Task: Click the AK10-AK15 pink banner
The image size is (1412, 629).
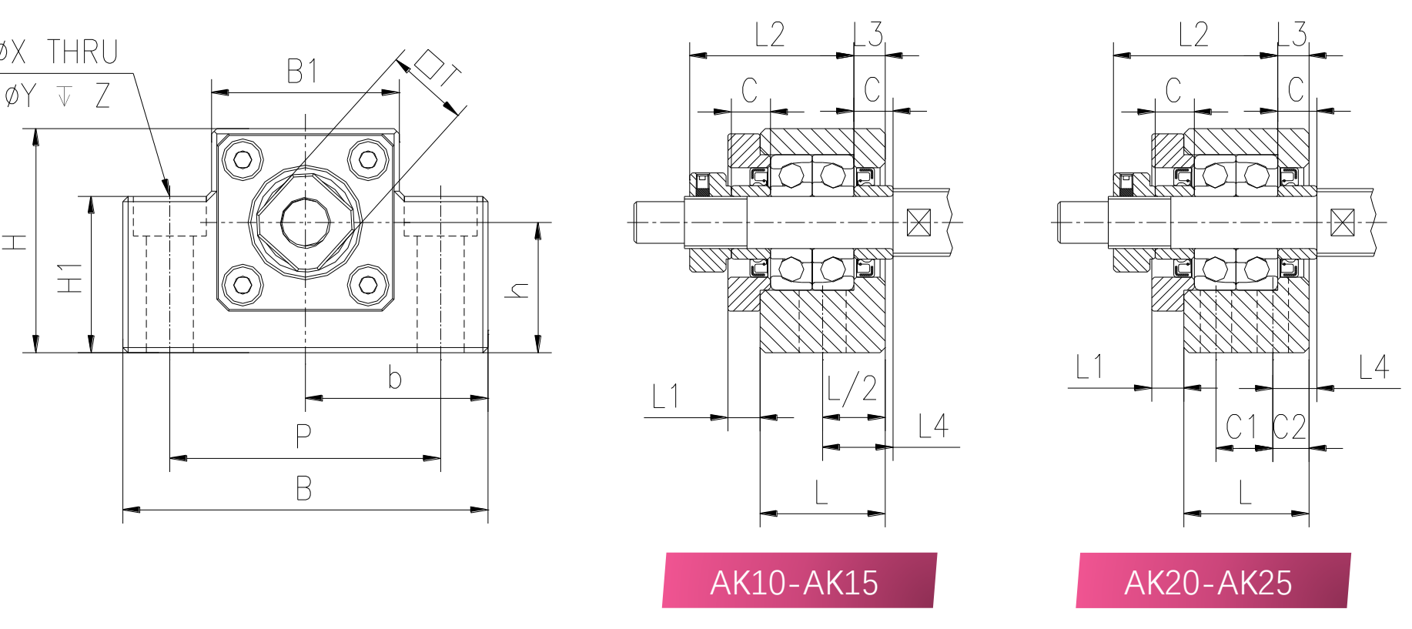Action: click(x=799, y=580)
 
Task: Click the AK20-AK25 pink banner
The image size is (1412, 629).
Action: click(x=1213, y=580)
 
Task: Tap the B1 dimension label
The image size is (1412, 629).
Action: click(x=302, y=72)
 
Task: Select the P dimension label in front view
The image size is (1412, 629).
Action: click(x=304, y=436)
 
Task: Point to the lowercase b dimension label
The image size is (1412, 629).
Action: click(x=394, y=377)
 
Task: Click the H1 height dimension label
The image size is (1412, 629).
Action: click(x=70, y=278)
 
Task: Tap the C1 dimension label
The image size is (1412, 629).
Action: click(x=1241, y=427)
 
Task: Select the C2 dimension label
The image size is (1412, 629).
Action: click(x=1290, y=427)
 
